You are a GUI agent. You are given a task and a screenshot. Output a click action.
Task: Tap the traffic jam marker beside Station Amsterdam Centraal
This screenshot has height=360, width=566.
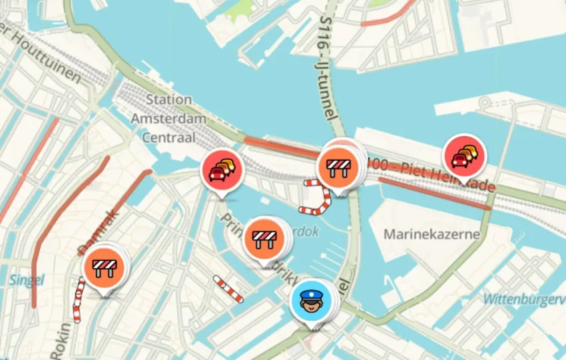point(222,171)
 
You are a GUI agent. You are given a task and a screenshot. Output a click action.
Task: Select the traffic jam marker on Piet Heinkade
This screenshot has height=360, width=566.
point(465,156)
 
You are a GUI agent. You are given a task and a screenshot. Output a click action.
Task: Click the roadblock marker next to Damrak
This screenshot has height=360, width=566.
point(103,268)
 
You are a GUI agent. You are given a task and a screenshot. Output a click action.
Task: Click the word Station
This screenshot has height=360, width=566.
point(168,100)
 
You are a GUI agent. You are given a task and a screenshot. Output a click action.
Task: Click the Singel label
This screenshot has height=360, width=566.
point(27,280)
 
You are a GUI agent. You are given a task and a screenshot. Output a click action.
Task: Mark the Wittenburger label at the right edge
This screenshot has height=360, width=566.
point(526,300)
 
